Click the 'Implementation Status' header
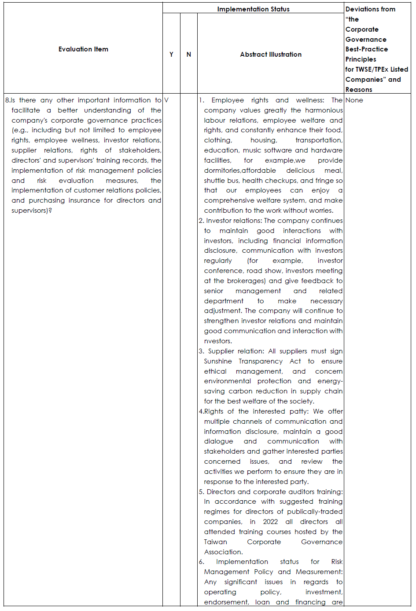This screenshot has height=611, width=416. pyautogui.click(x=253, y=9)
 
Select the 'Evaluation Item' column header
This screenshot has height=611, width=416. pyautogui.click(x=83, y=49)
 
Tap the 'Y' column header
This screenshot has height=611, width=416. pyautogui.click(x=171, y=55)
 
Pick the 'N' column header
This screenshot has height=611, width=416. pyautogui.click(x=189, y=55)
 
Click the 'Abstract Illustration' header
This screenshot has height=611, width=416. pyautogui.click(x=271, y=55)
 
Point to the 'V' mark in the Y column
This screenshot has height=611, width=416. pyautogui.click(x=166, y=100)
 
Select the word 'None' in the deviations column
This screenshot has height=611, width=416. pyautogui.click(x=354, y=100)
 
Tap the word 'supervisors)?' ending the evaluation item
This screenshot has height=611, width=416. pyautogui.click(x=32, y=211)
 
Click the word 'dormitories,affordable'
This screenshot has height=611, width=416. pyautogui.click(x=240, y=171)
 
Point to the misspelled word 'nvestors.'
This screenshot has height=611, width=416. pyautogui.click(x=218, y=341)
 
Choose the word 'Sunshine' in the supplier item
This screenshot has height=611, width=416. pyautogui.click(x=218, y=361)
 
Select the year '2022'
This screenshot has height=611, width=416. pyautogui.click(x=270, y=522)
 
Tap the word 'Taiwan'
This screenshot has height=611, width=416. pyautogui.click(x=216, y=542)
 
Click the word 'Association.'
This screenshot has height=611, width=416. pyautogui.click(x=223, y=552)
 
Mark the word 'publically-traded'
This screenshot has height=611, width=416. pyautogui.click(x=315, y=512)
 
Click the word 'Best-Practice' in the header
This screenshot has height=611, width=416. pyautogui.click(x=367, y=49)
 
